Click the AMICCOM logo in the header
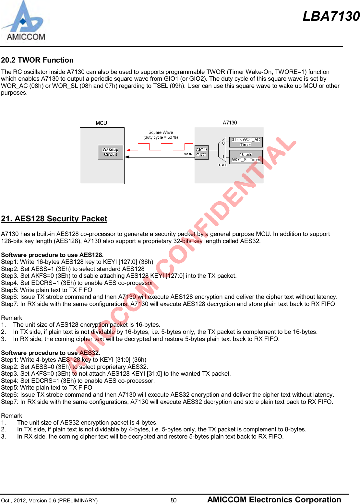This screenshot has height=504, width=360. [x=23, y=21]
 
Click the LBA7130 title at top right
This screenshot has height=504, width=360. [x=331, y=16]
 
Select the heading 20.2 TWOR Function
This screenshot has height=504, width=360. [x=37, y=60]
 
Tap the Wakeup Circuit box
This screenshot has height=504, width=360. [x=111, y=152]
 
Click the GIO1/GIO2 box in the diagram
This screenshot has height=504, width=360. [x=201, y=152]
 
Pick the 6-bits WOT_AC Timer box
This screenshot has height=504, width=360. [x=246, y=142]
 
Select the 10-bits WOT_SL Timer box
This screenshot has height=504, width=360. [x=246, y=157]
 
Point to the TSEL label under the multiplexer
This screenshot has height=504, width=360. [x=222, y=165]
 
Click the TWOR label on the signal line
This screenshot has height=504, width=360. [x=187, y=154]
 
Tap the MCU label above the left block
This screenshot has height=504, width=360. [x=101, y=123]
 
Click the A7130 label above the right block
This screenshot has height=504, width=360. [x=230, y=123]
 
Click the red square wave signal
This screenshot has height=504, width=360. [x=161, y=147]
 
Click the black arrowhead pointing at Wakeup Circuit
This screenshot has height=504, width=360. [x=127, y=157]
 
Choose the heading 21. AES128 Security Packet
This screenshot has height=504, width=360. [x=54, y=219]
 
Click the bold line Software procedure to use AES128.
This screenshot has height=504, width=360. [x=52, y=255]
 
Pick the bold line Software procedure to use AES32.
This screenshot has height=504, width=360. [x=51, y=353]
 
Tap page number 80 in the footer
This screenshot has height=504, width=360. [x=174, y=500]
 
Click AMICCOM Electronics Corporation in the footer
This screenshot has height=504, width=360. [x=274, y=499]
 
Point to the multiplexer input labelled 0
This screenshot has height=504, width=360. [x=223, y=143]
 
